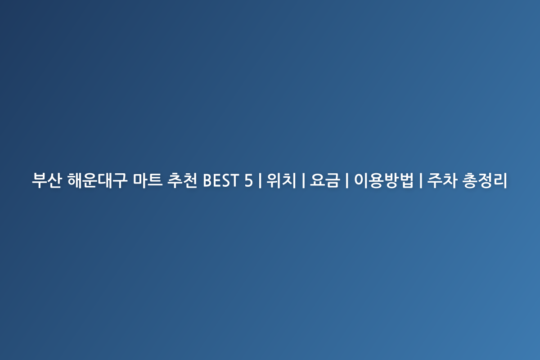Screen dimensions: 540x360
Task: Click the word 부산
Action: pyautogui.click(x=47, y=180)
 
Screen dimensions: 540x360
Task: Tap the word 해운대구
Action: pyautogui.click(x=97, y=180)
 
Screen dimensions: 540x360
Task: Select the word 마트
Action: pyautogui.click(x=148, y=180)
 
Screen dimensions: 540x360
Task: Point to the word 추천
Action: pyautogui.click(x=182, y=180)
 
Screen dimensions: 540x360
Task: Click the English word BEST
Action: pyautogui.click(x=221, y=180)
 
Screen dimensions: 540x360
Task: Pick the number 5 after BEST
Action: pyautogui.click(x=248, y=180)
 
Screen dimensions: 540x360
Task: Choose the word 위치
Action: pyautogui.click(x=281, y=180)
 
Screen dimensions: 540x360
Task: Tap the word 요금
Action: pyautogui.click(x=325, y=180)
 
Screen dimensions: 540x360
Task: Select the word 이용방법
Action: pyautogui.click(x=383, y=180)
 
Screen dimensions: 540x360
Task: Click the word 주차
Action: pyautogui.click(x=442, y=180)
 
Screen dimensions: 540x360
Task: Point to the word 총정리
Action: pyautogui.click(x=485, y=180)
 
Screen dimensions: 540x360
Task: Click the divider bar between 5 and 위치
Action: pyautogui.click(x=260, y=180)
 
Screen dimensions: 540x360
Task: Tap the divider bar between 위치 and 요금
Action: pyautogui.click(x=303, y=180)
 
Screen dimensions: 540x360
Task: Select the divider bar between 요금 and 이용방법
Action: pyautogui.click(x=347, y=180)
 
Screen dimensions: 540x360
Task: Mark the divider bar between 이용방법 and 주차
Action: pyautogui.click(x=421, y=180)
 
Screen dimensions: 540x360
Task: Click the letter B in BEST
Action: pyautogui.click(x=208, y=180)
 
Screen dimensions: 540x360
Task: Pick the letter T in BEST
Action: pyautogui.click(x=234, y=180)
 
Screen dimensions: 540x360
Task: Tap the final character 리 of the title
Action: pyautogui.click(x=500, y=180)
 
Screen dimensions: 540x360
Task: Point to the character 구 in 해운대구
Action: pyautogui.click(x=120, y=180)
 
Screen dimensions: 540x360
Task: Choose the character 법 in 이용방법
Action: pyautogui.click(x=406, y=180)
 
